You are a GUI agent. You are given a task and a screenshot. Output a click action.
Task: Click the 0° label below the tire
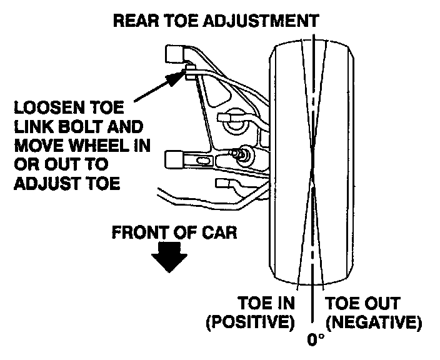coord(316,341)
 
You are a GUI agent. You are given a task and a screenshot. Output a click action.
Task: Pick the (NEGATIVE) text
coord(373,324)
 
